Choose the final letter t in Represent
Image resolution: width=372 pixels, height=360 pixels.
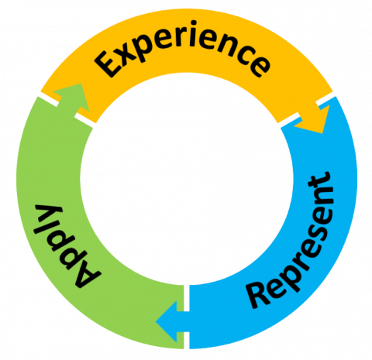[324, 186]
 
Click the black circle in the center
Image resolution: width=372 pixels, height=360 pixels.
[186, 194]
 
